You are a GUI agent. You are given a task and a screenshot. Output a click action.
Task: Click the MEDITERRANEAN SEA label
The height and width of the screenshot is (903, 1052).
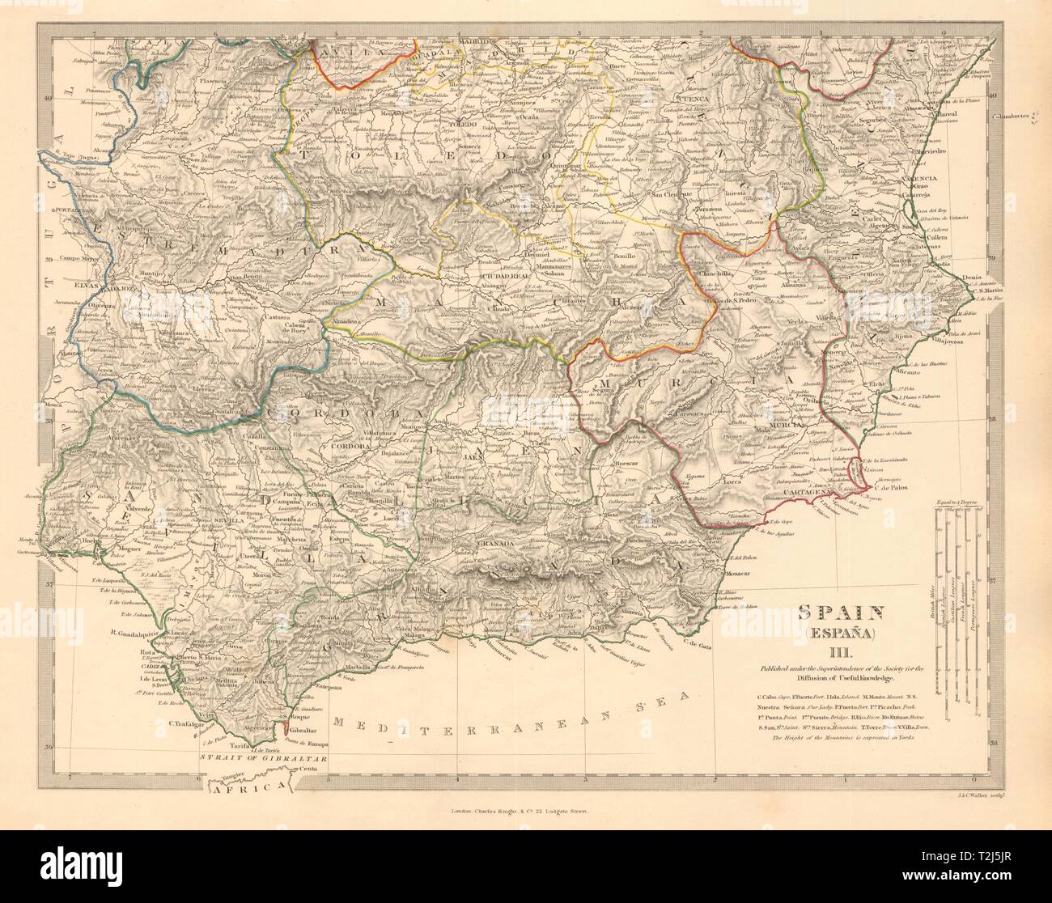pos(511,713)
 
